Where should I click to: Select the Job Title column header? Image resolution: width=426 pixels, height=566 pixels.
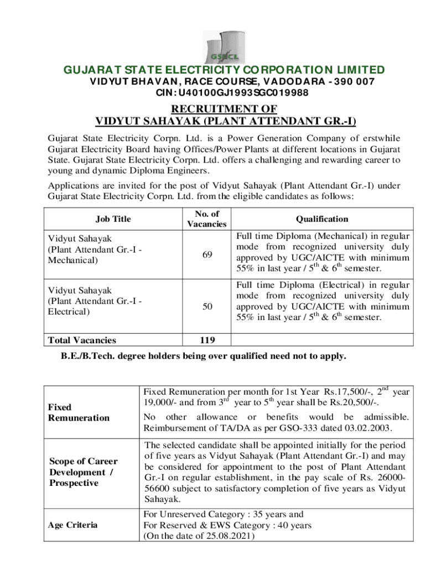point(113,219)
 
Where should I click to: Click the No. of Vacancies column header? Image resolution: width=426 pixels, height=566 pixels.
point(206,219)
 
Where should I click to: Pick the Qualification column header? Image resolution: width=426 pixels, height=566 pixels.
point(322,219)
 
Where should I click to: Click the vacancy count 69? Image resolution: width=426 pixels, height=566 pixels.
point(206,254)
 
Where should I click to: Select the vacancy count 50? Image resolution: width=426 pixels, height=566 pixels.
point(206,307)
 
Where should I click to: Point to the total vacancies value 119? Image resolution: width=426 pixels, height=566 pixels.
point(206,340)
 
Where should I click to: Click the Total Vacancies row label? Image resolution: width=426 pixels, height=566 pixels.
point(82,340)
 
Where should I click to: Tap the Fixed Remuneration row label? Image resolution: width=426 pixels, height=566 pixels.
point(79,412)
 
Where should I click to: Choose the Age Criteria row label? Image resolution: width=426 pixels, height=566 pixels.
point(73,525)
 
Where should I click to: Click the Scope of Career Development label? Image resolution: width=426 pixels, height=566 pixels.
point(83,472)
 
